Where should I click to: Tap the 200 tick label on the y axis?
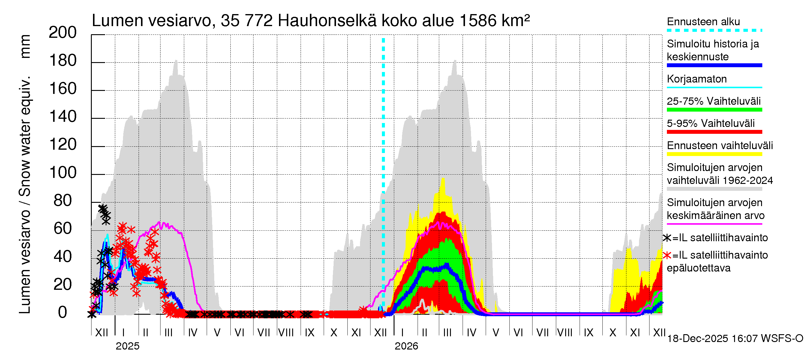(x=63, y=33)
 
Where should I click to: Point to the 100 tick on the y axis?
(x=63, y=173)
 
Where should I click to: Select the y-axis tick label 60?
(x=63, y=229)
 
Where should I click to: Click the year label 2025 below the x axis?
(x=127, y=346)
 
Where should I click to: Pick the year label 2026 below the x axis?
(x=406, y=346)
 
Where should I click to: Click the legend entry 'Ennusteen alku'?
(x=703, y=22)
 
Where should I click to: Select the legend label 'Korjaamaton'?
(x=697, y=79)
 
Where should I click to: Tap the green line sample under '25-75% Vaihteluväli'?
(x=714, y=110)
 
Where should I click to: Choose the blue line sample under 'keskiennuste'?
(x=714, y=65)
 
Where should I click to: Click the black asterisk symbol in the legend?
(x=667, y=238)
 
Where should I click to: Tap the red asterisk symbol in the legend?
(x=667, y=255)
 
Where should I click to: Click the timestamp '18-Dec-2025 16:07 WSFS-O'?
(x=735, y=339)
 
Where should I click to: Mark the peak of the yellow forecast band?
(x=443, y=178)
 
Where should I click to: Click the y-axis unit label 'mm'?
(x=25, y=46)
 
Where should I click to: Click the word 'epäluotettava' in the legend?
(x=698, y=268)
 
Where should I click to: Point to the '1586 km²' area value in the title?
(x=494, y=21)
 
